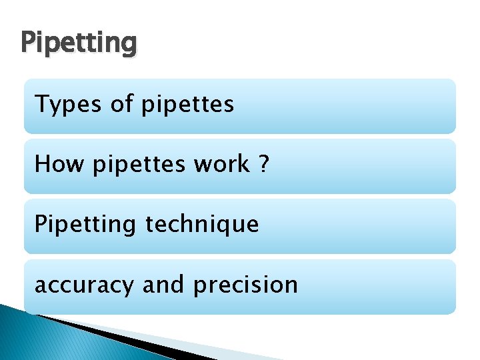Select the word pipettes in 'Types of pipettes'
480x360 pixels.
click(x=188, y=105)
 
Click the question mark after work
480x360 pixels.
click(x=264, y=163)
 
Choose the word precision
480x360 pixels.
click(x=245, y=285)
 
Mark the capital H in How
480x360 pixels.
click(x=42, y=163)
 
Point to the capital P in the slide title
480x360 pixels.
click(x=28, y=43)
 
